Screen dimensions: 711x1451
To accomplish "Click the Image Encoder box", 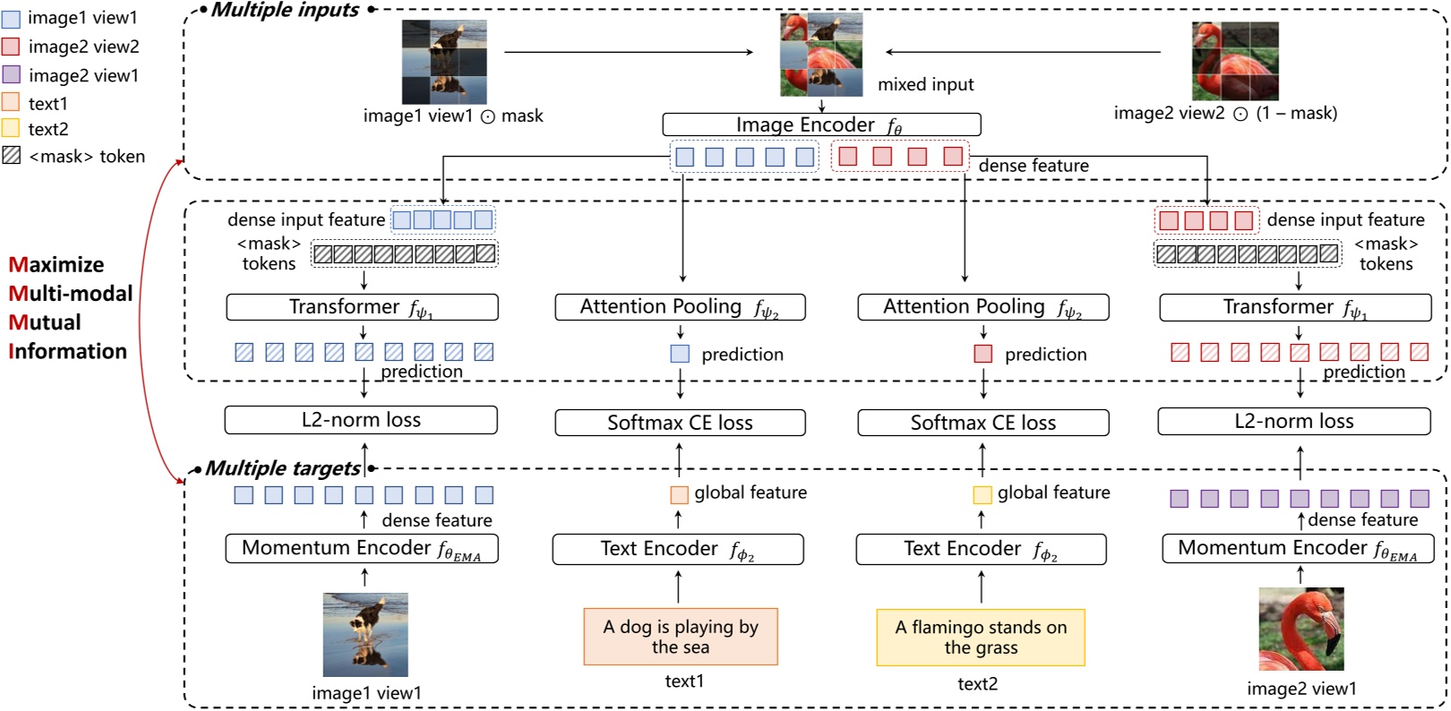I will click(820, 124).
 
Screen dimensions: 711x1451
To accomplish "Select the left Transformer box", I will click(362, 307).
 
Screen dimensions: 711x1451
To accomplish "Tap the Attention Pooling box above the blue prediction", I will click(680, 307).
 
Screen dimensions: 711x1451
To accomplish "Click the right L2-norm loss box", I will click(1293, 421).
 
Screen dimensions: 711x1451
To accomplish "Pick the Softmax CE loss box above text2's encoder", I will click(983, 423).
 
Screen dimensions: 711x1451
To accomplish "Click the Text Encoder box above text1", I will click(677, 549).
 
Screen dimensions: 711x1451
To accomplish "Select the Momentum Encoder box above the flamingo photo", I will click(1297, 548).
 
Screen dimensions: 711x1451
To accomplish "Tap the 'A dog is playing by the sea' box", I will click(680, 637).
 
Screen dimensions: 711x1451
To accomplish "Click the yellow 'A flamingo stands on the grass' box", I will click(980, 638).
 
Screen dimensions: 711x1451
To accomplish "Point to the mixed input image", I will click(821, 55).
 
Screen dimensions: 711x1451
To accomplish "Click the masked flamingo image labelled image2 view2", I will click(1234, 61).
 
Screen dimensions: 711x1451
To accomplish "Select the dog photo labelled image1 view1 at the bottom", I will click(365, 634).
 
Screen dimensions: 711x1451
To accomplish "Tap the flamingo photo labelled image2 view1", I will click(1301, 629).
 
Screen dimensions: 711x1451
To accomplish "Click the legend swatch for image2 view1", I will click(11, 74).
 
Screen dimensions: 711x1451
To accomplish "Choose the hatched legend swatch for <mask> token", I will click(11, 156).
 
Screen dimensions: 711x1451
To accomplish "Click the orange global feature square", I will click(679, 494).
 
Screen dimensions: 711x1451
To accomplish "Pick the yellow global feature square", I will click(982, 494).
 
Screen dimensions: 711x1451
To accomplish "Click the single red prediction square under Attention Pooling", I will click(983, 354).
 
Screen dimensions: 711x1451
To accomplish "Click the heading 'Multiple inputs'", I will click(285, 10).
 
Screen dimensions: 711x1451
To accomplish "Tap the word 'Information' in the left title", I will click(68, 351).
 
